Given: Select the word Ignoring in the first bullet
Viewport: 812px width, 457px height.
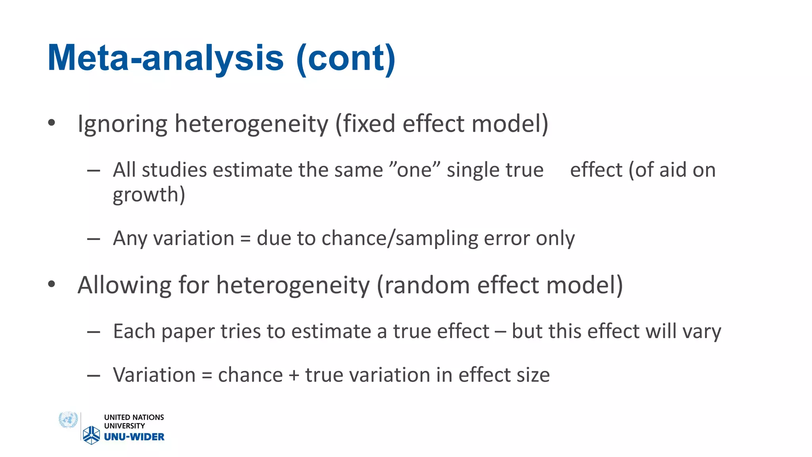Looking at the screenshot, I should click(123, 124).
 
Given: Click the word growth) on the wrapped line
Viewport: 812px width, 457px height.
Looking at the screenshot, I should click(149, 195).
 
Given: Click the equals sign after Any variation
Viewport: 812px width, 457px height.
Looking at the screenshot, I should click(245, 239).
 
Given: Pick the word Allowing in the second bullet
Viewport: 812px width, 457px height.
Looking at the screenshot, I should click(124, 285).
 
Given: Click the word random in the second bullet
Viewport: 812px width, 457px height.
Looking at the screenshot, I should click(427, 285).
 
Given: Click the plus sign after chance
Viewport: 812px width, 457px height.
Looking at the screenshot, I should click(294, 375).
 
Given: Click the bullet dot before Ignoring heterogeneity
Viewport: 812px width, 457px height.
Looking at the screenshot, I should click(52, 123).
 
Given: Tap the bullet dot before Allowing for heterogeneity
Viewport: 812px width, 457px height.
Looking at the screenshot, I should click(52, 284).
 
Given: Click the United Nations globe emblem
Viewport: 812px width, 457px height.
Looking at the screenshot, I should click(68, 420).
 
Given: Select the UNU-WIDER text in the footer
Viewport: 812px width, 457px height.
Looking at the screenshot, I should click(134, 437).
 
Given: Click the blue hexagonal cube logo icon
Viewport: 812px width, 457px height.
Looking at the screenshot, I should click(92, 435).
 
